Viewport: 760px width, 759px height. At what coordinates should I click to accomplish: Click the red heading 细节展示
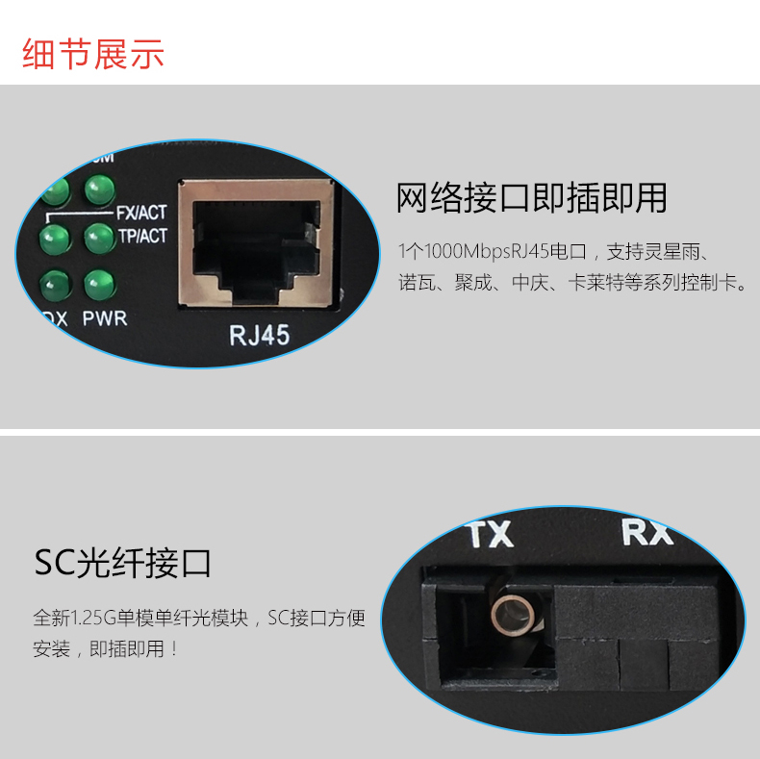[93, 54]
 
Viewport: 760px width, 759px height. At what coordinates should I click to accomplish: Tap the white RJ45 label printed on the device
[260, 336]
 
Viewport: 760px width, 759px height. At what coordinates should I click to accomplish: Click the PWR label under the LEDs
[105, 318]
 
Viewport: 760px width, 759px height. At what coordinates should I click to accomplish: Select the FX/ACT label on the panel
[141, 213]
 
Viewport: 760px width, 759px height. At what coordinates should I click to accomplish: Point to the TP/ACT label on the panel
[143, 236]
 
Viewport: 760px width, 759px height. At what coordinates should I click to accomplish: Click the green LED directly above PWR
[100, 285]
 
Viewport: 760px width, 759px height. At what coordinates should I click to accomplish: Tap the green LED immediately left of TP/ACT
[100, 238]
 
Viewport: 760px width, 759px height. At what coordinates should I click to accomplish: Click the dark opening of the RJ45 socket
[256, 249]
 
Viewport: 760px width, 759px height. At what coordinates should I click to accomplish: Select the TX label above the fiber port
[491, 534]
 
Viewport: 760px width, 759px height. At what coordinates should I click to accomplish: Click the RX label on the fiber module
[647, 532]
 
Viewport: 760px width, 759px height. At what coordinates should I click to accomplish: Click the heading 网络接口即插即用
[532, 198]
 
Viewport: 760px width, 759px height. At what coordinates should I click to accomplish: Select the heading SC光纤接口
[122, 563]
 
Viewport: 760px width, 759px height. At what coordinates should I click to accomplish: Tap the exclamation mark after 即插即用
[174, 648]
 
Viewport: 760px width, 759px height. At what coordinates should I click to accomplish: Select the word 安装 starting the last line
[52, 648]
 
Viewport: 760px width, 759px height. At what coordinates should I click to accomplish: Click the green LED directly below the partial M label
[100, 190]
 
